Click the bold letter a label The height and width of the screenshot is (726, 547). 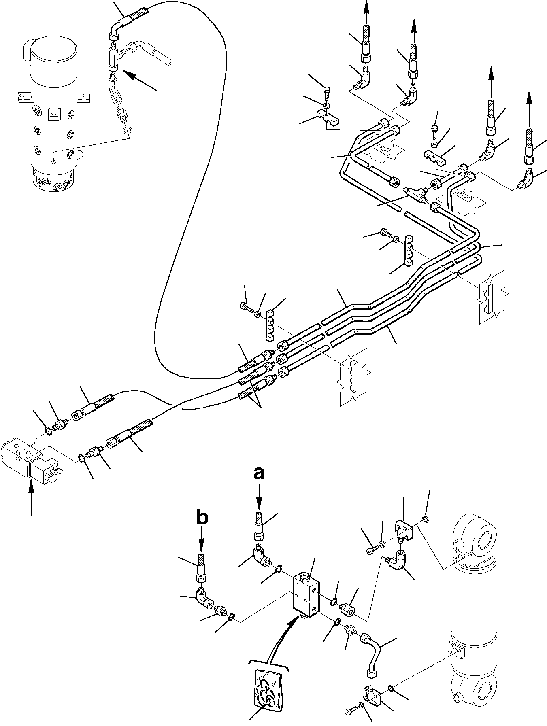(259, 472)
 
